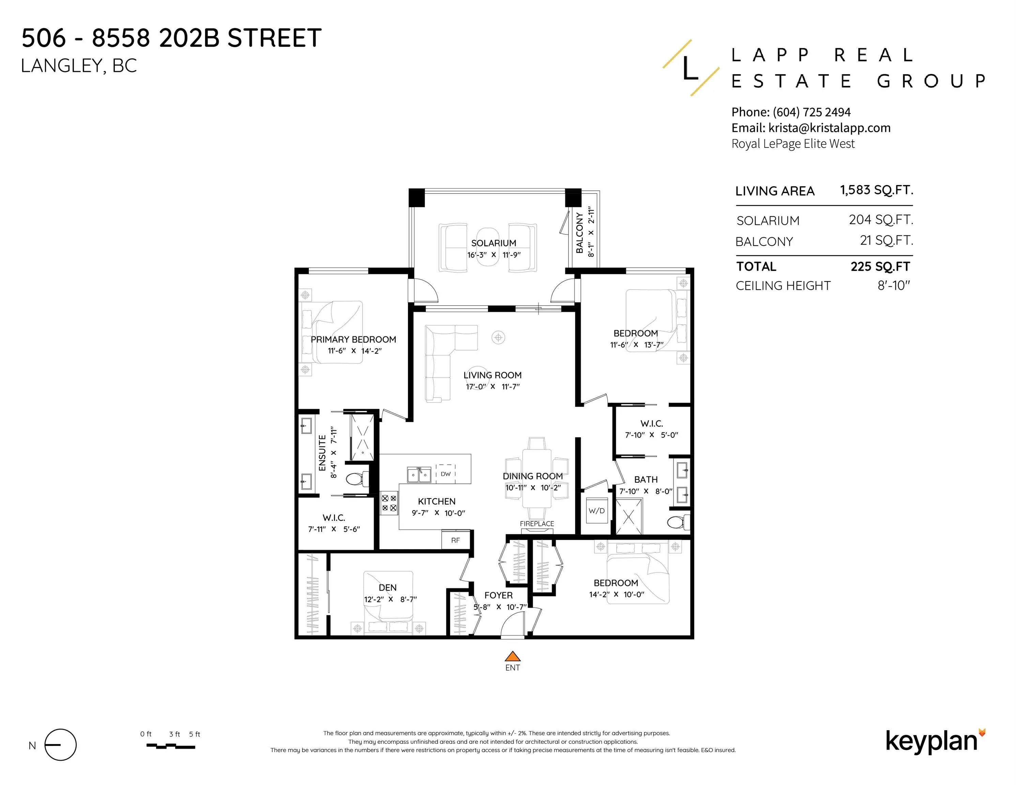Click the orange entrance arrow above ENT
512,656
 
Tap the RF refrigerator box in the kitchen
455,540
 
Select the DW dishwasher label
446,474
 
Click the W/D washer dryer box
596,511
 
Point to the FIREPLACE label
537,524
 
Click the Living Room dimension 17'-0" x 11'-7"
492,386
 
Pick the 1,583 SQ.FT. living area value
877,190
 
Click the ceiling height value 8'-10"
894,285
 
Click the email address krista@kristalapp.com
830,128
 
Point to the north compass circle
60,744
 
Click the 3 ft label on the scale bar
175,734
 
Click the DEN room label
388,587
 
